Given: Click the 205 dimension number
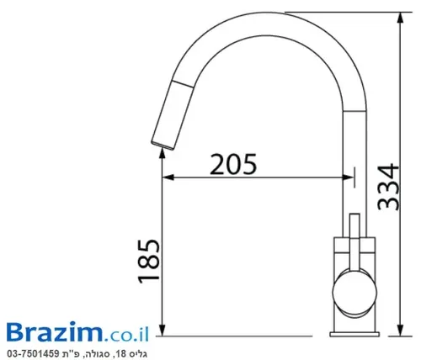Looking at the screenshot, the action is pyautogui.click(x=233, y=164).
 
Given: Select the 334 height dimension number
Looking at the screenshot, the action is pyautogui.click(x=388, y=187).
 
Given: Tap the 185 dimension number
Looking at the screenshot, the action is pyautogui.click(x=149, y=262).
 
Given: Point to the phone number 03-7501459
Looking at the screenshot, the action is pyautogui.click(x=33, y=353).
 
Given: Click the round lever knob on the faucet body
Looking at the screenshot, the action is pyautogui.click(x=354, y=292).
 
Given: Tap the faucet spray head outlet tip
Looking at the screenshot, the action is pyautogui.click(x=163, y=146).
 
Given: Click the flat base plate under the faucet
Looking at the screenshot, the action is pyautogui.click(x=354, y=334).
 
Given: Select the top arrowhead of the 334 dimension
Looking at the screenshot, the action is pyautogui.click(x=401, y=18).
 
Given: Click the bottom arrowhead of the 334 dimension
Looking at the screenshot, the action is pyautogui.click(x=401, y=330).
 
